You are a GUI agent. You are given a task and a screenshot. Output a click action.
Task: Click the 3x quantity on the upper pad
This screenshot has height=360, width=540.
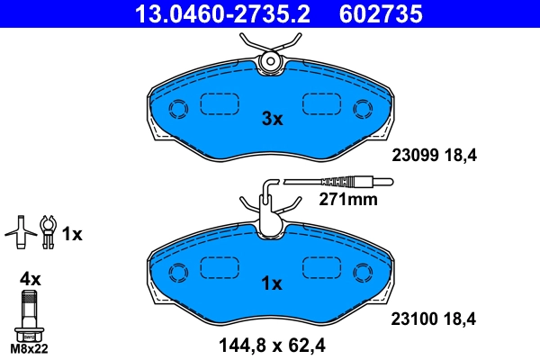(272, 118)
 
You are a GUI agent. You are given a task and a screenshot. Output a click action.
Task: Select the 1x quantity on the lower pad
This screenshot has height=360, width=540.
(272, 283)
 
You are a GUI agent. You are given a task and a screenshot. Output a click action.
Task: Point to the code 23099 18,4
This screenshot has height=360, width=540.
(433, 155)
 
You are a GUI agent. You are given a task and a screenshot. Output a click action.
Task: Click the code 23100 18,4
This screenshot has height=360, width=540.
(433, 318)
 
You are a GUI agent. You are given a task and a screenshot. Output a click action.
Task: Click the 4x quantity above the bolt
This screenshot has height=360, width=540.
(29, 280)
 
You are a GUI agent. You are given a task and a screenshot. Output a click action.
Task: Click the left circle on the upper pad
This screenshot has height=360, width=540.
(177, 109)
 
